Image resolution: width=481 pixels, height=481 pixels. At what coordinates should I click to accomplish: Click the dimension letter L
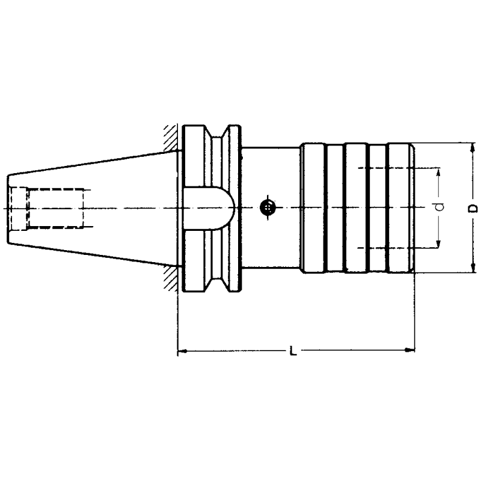[293, 350]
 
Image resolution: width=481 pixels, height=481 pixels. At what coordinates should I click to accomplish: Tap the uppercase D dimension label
[473, 207]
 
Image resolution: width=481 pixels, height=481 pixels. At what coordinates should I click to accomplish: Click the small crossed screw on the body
[268, 208]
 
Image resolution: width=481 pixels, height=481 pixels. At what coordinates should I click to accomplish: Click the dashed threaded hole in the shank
[54, 208]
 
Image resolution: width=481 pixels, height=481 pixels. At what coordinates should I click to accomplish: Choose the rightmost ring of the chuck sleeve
[400, 208]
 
